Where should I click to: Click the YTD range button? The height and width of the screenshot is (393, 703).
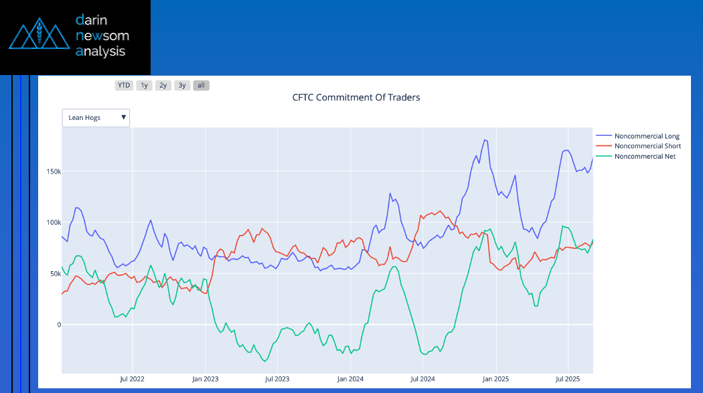pos(124,85)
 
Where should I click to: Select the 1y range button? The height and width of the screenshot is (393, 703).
pos(144,85)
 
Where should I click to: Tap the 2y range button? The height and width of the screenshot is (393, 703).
pos(163,85)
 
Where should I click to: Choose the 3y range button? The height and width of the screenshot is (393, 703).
pos(182,85)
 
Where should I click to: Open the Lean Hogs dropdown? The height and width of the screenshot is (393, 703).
pos(96,118)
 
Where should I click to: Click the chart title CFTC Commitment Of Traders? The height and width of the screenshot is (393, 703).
pos(356,97)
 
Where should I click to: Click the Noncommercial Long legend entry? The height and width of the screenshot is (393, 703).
pos(647,137)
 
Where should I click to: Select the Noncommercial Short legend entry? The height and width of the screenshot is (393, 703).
pos(647,146)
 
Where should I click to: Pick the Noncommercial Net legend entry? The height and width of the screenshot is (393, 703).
pos(645,156)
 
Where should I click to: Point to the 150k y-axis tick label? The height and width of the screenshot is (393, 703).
pos(54,171)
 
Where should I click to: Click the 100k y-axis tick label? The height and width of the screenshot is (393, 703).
pos(54,222)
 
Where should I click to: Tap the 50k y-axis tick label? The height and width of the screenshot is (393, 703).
pos(55,274)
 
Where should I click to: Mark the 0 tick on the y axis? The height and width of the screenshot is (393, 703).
pos(59,325)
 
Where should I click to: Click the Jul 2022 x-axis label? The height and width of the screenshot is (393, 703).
pos(133,380)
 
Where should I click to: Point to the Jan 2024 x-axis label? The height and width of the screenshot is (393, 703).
pos(350,380)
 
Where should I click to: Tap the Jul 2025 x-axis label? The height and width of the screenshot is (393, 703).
pos(568,380)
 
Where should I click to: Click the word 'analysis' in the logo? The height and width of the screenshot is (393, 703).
pos(100,51)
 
